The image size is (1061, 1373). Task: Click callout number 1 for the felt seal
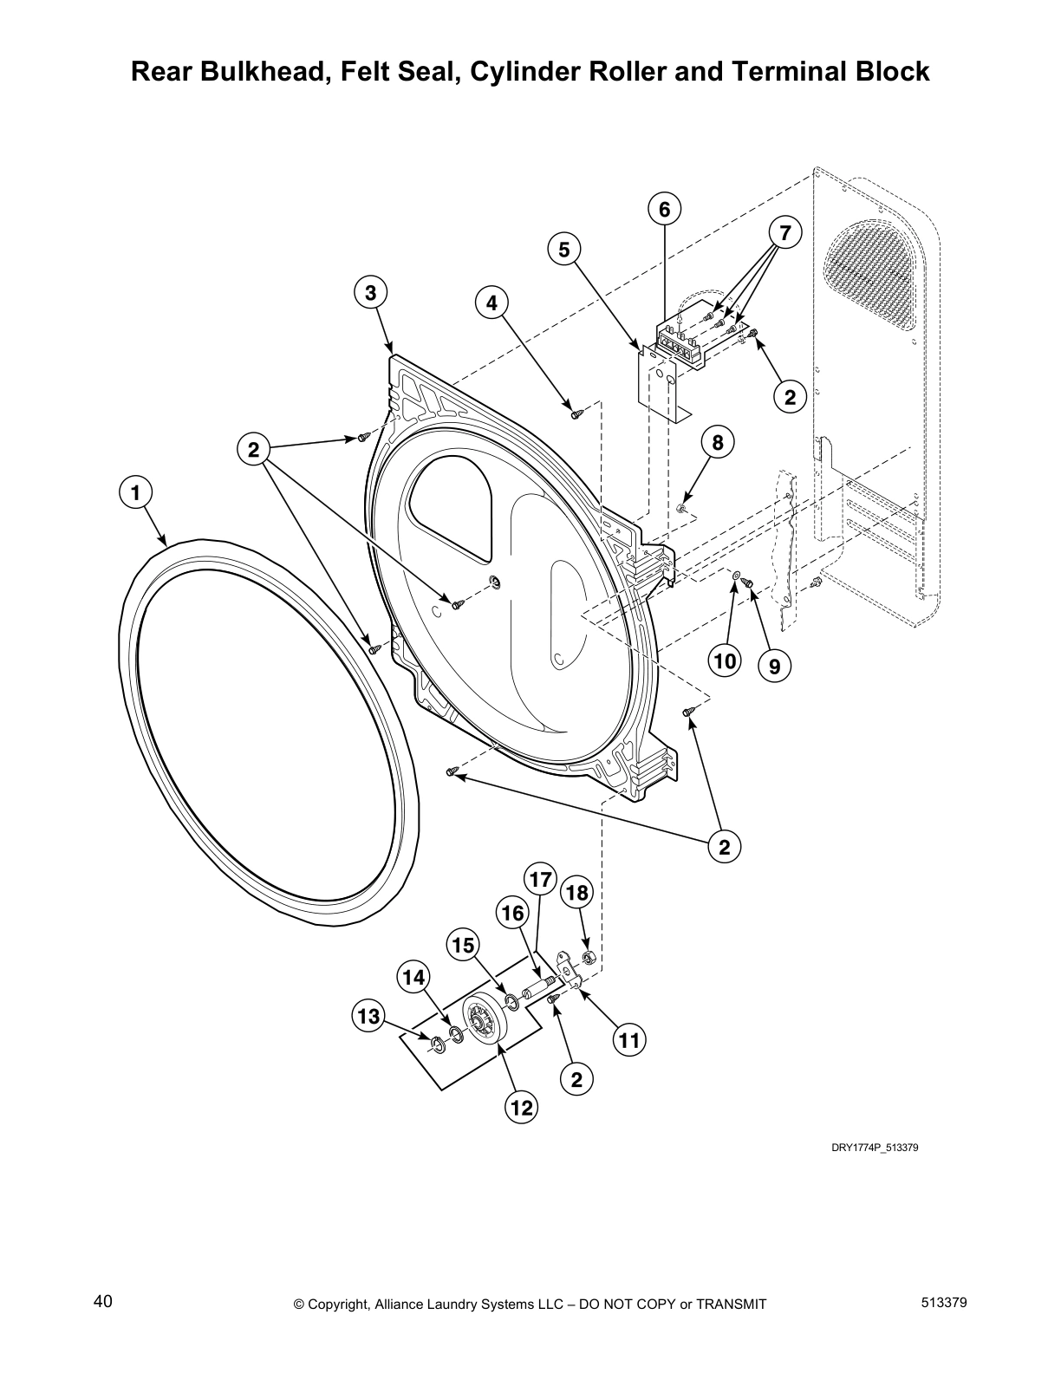pos(134,493)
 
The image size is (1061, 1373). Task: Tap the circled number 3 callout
pos(370,293)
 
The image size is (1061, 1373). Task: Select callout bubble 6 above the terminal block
pos(664,209)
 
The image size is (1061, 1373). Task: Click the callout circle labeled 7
pos(784,232)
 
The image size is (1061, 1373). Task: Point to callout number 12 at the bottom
pos(522,1107)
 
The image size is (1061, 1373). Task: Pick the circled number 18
pos(577,893)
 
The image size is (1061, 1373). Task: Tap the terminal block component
pos(680,341)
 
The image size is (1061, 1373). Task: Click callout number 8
pos(718,443)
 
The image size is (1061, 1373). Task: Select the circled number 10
pos(725,662)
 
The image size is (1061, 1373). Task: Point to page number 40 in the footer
pos(102,1301)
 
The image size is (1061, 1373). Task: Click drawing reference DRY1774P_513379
pos(875,1147)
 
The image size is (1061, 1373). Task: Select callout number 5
pos(563,250)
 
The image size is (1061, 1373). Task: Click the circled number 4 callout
pos(491,303)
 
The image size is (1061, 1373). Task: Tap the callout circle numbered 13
pos(369,1015)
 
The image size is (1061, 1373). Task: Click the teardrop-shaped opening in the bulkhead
pos(450,503)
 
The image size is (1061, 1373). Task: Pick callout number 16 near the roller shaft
pos(513,912)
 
